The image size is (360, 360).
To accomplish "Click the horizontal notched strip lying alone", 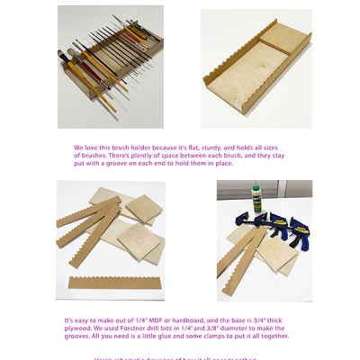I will click(117, 282).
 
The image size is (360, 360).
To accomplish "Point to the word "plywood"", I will click(76, 328).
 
